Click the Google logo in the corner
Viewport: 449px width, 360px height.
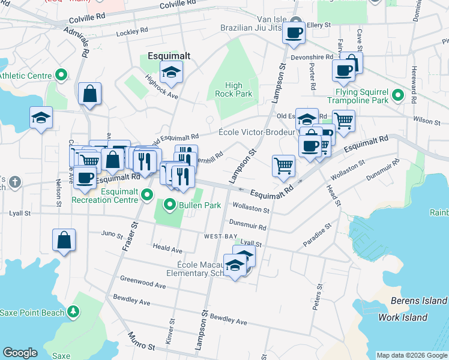coord(20,353)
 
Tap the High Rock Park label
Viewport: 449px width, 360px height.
coord(234,90)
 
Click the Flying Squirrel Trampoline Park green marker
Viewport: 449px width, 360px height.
coord(397,95)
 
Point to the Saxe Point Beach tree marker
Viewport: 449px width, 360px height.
coord(73,311)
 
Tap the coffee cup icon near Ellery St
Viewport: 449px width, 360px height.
coord(294,34)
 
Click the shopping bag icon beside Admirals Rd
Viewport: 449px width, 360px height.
coord(89,94)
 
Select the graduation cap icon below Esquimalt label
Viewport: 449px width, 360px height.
coord(172,73)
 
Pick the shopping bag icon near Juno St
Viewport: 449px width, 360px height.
coord(64,240)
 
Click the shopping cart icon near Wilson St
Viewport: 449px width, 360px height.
coord(343,121)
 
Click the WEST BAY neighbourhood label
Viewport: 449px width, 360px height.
coord(221,237)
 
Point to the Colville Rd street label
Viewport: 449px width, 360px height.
coord(178,5)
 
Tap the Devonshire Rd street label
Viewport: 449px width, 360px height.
coord(312,57)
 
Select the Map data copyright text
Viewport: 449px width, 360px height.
coord(412,355)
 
